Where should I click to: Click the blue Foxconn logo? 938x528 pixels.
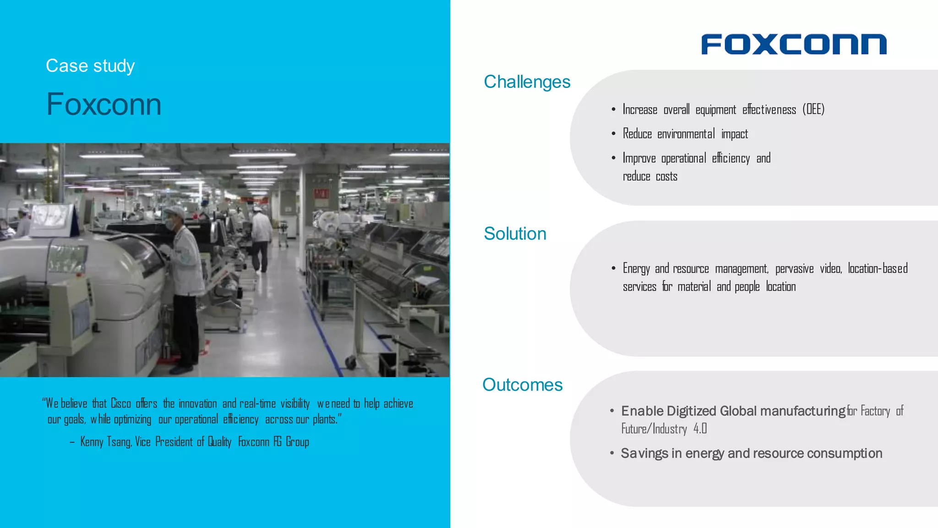794,44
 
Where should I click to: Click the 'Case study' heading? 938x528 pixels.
90,66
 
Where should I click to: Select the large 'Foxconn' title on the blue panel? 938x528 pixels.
104,104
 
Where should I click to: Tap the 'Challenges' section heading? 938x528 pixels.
527,82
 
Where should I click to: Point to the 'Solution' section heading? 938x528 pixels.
515,234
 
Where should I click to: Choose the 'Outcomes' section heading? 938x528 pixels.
522,385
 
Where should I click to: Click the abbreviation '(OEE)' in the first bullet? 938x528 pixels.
813,109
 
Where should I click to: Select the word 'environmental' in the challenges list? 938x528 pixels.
686,134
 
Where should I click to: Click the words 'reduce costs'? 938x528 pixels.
650,176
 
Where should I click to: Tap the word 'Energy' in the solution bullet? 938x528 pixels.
636,269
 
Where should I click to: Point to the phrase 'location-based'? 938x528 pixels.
878,268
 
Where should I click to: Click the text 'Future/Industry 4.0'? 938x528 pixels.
664,429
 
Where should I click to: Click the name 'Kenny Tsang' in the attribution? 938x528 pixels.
106,442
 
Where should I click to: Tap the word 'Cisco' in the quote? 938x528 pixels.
121,404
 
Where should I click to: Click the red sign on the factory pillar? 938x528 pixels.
321,194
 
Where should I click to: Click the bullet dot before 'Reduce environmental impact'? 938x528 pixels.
613,134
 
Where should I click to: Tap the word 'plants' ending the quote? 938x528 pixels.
324,419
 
